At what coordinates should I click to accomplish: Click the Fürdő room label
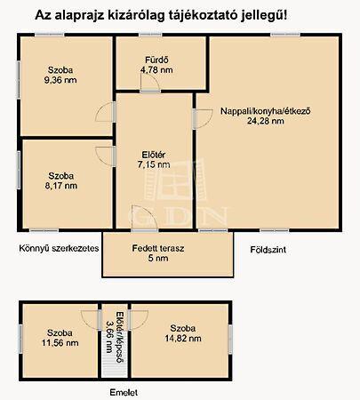click(156, 60)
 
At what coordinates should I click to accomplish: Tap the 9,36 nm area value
click(60, 80)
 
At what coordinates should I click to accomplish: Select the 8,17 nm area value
click(61, 186)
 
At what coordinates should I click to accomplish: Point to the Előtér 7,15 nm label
click(154, 160)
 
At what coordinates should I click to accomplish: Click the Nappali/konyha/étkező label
click(266, 111)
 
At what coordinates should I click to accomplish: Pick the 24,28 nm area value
click(266, 121)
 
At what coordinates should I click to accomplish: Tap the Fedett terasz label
click(158, 248)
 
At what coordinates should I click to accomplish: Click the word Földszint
click(268, 250)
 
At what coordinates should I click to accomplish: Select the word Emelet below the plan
click(124, 393)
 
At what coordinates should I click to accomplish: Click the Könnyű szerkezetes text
click(59, 248)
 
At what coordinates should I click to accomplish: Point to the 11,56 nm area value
click(60, 343)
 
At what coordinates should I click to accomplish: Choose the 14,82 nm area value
click(183, 338)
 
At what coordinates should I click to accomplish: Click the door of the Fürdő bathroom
click(150, 84)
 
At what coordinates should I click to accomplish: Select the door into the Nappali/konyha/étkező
click(203, 119)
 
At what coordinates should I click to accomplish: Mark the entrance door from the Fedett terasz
click(144, 218)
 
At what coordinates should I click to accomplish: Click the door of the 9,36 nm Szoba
click(106, 112)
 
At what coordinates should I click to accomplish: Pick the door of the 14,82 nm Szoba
click(138, 320)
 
